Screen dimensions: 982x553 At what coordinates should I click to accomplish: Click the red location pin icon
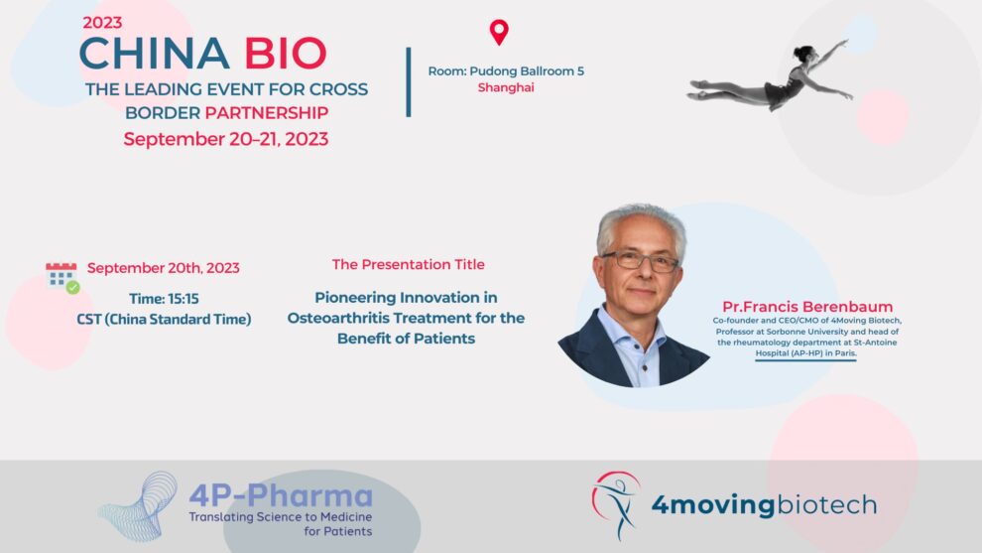click(499, 32)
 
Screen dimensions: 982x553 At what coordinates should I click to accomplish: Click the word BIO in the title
click(286, 54)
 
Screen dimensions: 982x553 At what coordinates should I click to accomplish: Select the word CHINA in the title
click(154, 54)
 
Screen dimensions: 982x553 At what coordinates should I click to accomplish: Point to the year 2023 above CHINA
click(102, 23)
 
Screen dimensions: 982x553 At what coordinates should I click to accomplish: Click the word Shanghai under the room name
click(506, 87)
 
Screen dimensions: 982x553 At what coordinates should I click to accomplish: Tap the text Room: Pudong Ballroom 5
click(506, 70)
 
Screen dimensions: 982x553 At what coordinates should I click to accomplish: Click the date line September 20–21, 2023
click(226, 139)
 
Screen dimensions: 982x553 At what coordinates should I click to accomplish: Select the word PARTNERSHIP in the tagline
click(267, 113)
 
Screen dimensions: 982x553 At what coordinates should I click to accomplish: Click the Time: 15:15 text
click(164, 299)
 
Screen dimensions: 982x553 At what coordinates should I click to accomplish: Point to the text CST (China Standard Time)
click(164, 319)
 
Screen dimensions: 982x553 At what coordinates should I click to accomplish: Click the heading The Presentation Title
click(409, 265)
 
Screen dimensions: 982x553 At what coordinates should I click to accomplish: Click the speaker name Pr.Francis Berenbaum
click(807, 307)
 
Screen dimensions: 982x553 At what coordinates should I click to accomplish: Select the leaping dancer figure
click(771, 76)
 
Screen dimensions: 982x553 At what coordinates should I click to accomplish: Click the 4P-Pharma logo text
click(281, 496)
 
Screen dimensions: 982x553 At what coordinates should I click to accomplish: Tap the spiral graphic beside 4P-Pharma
click(139, 507)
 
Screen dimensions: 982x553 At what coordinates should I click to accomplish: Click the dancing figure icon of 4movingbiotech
click(616, 504)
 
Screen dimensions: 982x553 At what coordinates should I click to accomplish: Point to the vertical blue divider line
click(409, 82)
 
